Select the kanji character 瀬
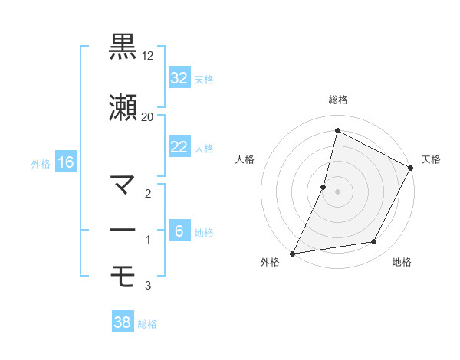tap(123, 107)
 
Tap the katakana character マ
tap(123, 185)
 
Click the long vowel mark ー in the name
tap(123, 230)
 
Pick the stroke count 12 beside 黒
tap(148, 56)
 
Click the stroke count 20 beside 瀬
tap(148, 116)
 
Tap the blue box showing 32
tap(179, 78)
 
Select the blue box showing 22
tap(179, 147)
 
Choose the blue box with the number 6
tap(179, 231)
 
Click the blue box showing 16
tap(66, 162)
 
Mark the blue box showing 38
tap(123, 323)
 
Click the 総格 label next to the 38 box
tap(147, 324)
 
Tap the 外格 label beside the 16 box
tap(41, 163)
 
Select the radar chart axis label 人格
tap(245, 159)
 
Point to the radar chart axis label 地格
tap(402, 262)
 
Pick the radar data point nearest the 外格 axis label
tap(292, 253)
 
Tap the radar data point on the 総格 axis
tap(337, 131)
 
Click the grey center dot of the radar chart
tap(337, 191)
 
